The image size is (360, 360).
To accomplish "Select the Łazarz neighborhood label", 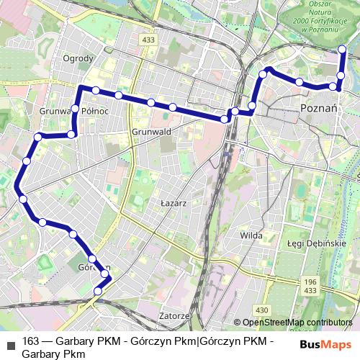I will [174, 204].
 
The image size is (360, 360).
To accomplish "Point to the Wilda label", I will [251, 235].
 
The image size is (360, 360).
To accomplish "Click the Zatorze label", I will [174, 315].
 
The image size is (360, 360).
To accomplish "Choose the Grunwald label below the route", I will [151, 132].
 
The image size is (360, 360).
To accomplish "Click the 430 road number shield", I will [262, 310].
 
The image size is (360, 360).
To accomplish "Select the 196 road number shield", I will [310, 282].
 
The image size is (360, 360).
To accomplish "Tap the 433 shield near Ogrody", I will [148, 40].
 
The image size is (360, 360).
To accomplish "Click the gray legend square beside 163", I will [10, 341].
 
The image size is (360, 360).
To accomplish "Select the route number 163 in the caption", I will [31, 341].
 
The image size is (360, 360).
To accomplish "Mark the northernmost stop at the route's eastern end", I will [342, 50].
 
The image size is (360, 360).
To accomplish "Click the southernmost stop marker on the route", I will [98, 291].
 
